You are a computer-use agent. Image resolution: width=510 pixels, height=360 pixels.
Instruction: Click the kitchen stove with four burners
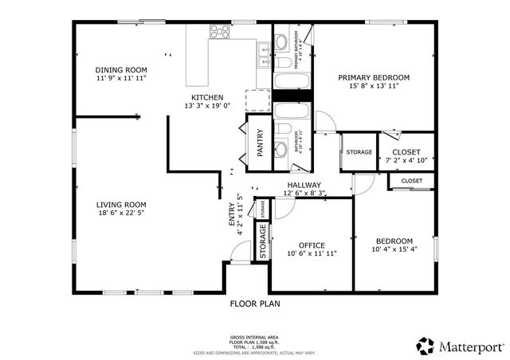pos(219,32)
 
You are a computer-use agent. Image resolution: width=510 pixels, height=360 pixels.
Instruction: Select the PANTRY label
pos(260,144)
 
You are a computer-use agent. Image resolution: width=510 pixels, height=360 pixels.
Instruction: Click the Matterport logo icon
pos(425,346)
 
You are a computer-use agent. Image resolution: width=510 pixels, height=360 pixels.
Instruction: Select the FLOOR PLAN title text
pos(255,303)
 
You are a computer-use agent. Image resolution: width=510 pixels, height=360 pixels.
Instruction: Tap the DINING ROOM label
pos(121,69)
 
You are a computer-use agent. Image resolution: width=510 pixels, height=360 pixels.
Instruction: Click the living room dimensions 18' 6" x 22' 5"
pos(122,213)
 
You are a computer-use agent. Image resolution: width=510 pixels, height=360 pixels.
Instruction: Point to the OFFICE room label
pos(312,245)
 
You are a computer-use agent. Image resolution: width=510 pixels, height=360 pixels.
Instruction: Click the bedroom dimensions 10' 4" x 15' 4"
pos(394,249)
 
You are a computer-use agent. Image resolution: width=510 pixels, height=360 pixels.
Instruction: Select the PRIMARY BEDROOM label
pos(373,77)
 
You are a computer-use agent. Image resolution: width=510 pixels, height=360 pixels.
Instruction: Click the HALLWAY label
pos(304,185)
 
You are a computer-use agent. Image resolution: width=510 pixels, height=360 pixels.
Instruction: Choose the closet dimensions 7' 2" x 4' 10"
pos(406,160)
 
